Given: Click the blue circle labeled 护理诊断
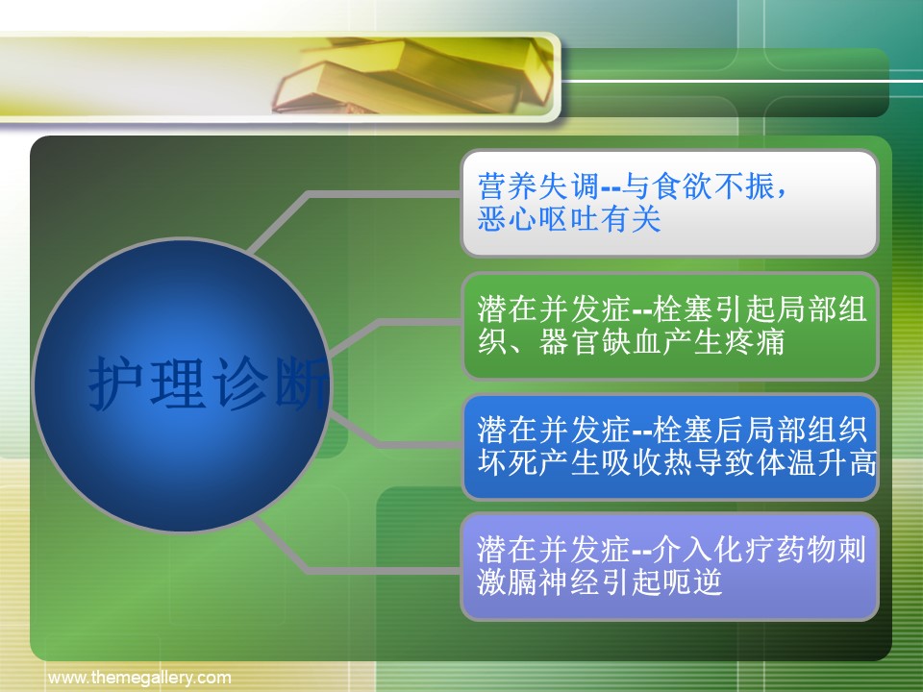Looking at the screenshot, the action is [x=182, y=384].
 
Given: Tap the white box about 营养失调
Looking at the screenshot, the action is [x=669, y=203].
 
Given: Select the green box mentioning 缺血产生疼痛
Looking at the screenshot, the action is [x=669, y=326].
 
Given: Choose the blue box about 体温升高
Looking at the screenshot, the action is [x=669, y=447].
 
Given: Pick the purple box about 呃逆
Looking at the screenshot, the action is [x=669, y=567].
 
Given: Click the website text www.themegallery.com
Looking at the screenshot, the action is [x=139, y=678].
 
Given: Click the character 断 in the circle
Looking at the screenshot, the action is [x=301, y=383].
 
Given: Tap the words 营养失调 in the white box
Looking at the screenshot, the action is [x=538, y=186].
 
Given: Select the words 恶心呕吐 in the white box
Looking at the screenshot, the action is [x=538, y=219].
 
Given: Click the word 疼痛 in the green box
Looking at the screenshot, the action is [x=755, y=342].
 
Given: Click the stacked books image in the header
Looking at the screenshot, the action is [x=412, y=75].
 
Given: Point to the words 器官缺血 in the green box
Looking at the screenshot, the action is [x=600, y=342].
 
